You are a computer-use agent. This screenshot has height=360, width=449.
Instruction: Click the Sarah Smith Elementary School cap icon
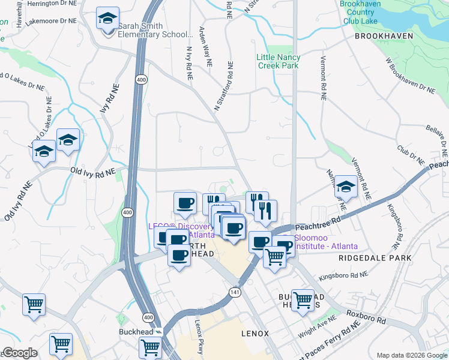[107, 20]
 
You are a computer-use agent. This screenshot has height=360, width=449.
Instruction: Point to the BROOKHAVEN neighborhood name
[384, 36]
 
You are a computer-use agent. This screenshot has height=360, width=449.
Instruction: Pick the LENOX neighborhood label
[255, 333]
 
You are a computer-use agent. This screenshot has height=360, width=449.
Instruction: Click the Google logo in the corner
[20, 353]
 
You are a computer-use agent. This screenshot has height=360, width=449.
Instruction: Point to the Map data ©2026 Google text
[412, 355]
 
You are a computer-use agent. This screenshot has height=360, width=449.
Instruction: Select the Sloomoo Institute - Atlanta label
[327, 242]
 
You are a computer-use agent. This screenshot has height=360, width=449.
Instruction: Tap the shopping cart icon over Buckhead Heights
[303, 298]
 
